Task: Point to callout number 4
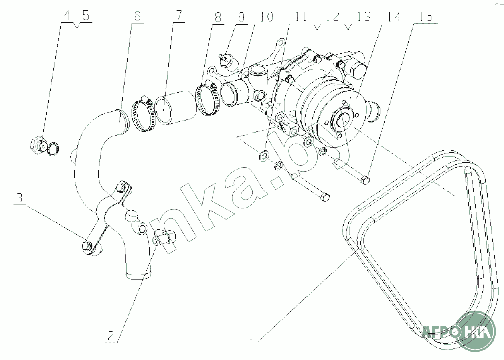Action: (67, 16)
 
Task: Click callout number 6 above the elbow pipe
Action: (137, 16)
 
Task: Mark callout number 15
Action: (426, 16)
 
